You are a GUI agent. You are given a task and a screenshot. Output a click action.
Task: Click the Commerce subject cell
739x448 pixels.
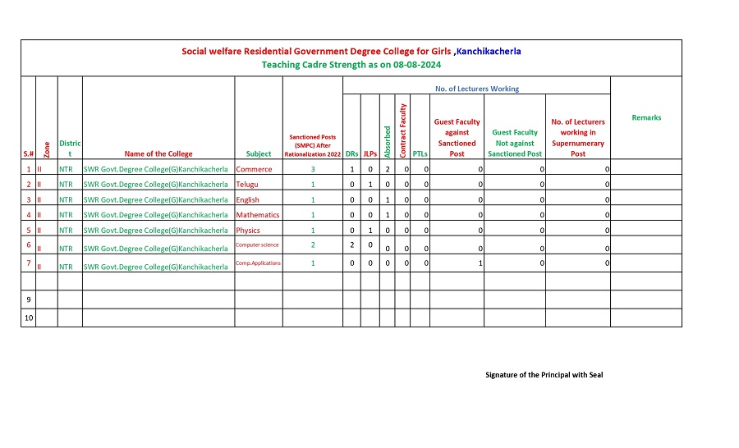pos(254,169)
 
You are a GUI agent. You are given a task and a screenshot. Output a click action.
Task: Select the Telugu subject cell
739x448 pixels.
pos(247,185)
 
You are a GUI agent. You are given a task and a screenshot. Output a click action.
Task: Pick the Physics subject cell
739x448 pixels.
pos(248,231)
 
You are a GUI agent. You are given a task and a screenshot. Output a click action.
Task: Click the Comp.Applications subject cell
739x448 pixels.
pos(259,263)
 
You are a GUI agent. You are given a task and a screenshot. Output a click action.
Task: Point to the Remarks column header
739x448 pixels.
pos(646,118)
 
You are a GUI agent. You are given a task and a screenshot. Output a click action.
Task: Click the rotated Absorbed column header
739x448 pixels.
pos(388,141)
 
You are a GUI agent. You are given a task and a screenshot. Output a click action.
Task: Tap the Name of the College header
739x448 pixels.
pos(158,153)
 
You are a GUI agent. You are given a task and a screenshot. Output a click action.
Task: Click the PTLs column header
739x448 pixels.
pos(420,153)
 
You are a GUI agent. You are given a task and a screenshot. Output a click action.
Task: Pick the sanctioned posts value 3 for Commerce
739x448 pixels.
pos(313,169)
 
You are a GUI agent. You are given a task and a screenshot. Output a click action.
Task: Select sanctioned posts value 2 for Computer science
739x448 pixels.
pos(313,245)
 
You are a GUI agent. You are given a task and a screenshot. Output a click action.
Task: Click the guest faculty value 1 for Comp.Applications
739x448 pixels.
pos(480,263)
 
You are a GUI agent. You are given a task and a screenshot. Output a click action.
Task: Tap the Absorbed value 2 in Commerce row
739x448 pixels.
pos(388,169)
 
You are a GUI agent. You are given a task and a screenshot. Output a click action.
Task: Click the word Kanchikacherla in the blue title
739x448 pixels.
pos(489,51)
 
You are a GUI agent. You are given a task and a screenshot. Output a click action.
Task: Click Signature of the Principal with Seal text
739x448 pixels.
pos(544,375)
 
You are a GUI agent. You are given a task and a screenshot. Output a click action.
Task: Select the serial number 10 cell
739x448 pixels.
pos(29,318)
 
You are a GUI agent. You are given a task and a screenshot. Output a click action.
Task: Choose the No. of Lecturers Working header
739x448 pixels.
pos(476,89)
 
